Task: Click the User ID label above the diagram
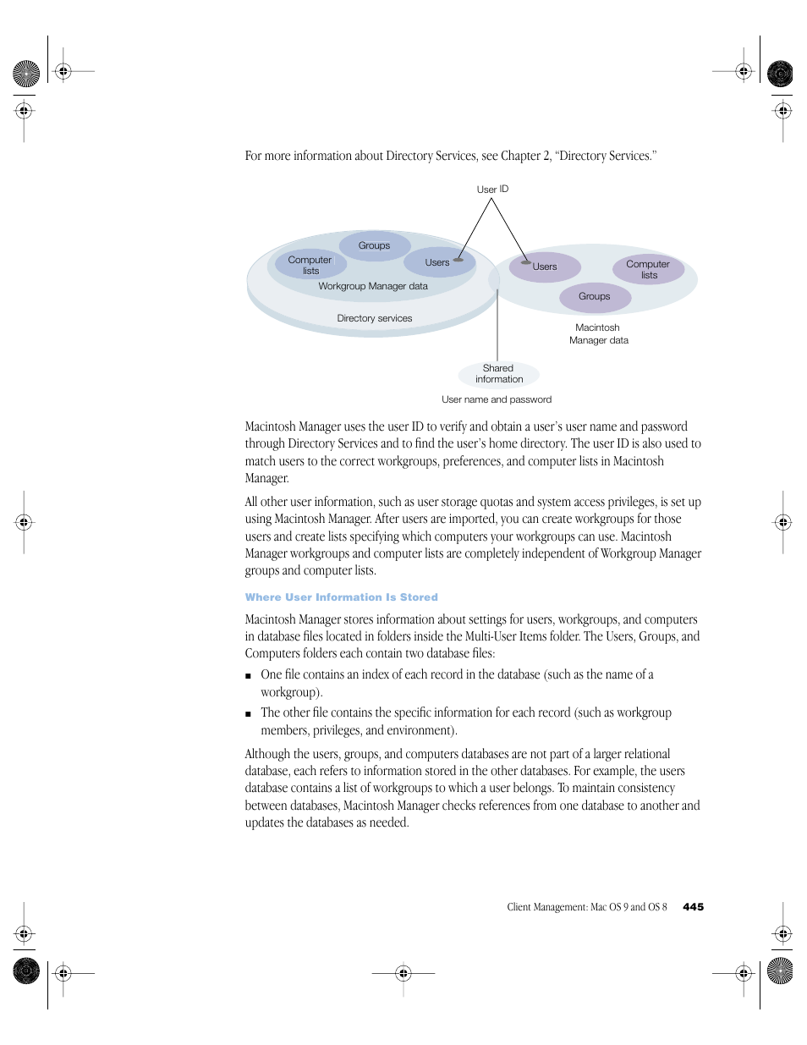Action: pos(492,190)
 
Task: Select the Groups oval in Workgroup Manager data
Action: pos(374,245)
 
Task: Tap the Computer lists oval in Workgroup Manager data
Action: pos(310,265)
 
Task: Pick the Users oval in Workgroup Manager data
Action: pos(437,262)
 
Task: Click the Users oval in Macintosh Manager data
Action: pos(545,267)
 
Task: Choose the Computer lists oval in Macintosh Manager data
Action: pos(648,269)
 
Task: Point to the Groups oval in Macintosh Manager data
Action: pos(595,296)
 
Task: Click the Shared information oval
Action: pos(499,374)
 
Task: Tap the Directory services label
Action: pos(375,318)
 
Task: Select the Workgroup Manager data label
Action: pos(373,286)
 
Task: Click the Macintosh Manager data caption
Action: pos(598,333)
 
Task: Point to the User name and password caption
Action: pos(497,399)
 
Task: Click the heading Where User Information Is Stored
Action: pos(342,597)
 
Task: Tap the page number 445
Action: pos(693,907)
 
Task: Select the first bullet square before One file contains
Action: pos(249,676)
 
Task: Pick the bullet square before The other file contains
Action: pos(249,714)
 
